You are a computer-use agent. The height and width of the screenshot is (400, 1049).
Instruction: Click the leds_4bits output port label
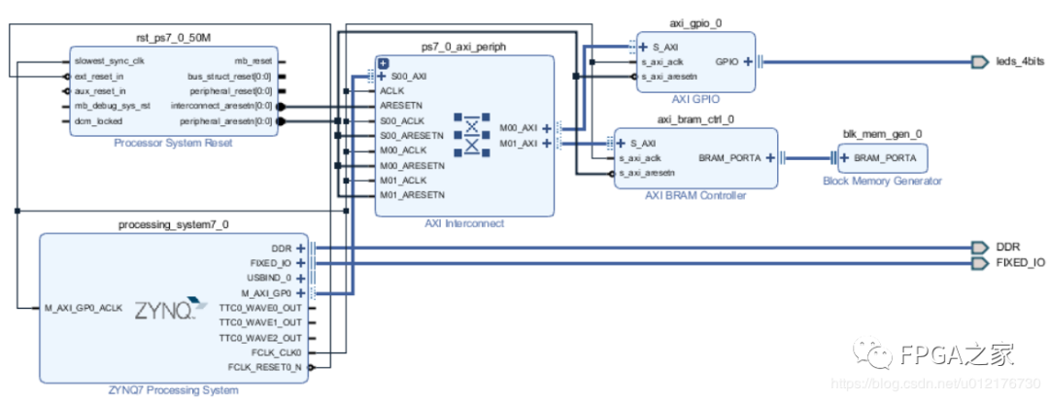pyautogui.click(x=1020, y=62)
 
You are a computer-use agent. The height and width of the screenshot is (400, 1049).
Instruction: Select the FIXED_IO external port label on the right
pyautogui.click(x=1020, y=263)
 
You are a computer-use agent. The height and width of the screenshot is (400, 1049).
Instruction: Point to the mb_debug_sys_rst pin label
pyautogui.click(x=113, y=106)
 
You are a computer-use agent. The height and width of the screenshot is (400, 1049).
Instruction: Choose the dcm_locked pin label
pyautogui.click(x=98, y=121)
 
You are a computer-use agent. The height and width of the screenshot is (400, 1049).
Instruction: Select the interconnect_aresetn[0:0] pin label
pyautogui.click(x=222, y=106)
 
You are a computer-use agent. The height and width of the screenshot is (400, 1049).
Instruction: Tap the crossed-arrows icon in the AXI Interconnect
pyautogui.click(x=471, y=135)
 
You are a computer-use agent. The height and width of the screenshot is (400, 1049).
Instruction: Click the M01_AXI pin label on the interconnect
pyautogui.click(x=518, y=143)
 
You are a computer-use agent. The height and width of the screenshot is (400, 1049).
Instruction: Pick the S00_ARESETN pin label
pyautogui.click(x=413, y=136)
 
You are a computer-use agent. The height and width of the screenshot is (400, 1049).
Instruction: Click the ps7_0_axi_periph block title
pyautogui.click(x=463, y=46)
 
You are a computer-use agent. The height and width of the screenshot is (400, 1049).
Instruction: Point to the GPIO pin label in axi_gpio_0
pyautogui.click(x=728, y=61)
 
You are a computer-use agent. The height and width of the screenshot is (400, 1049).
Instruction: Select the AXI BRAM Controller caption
pyautogui.click(x=695, y=195)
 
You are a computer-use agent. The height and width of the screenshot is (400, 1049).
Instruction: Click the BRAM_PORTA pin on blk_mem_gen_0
pyautogui.click(x=884, y=157)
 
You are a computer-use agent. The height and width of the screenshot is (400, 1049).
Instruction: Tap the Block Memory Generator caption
pyautogui.click(x=882, y=181)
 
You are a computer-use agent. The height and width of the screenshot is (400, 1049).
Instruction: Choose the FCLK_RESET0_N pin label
pyautogui.click(x=265, y=367)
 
